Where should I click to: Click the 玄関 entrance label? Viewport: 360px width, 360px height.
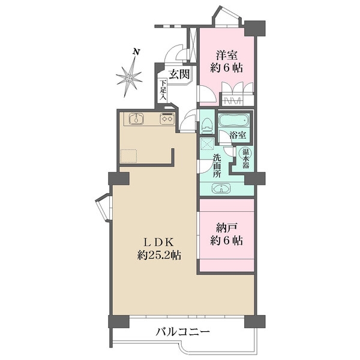179,74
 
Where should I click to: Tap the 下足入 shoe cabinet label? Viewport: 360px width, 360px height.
163,90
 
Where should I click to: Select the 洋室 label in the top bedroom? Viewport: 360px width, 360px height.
226,55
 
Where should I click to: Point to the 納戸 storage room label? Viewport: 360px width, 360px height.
226,229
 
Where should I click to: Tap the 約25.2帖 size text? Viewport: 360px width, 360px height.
159,254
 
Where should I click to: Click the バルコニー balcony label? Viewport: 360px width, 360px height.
183,332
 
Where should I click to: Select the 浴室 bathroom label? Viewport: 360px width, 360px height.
238,135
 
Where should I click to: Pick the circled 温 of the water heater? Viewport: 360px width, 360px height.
245,152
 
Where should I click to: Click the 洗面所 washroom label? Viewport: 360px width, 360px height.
217,166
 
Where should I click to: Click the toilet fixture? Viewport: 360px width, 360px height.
207,126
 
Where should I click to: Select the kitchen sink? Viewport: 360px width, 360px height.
136,119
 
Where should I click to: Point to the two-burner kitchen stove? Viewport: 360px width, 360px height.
167,118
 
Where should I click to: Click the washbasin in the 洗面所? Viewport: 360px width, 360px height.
221,188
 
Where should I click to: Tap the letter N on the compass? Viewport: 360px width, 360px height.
137,52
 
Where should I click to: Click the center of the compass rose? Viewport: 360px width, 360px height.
129,79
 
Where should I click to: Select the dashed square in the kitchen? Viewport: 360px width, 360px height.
128,156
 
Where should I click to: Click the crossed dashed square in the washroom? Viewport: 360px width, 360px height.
207,144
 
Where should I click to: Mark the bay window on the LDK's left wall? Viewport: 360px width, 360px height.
104,208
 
